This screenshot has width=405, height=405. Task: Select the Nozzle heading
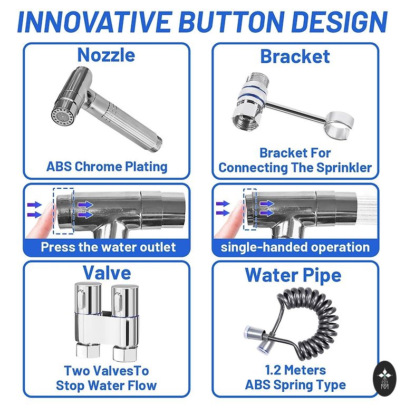tap(106, 55)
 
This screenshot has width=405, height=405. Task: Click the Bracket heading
tap(295, 56)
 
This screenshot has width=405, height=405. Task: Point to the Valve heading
tap(107, 273)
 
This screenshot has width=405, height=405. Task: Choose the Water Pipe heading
tap(293, 275)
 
